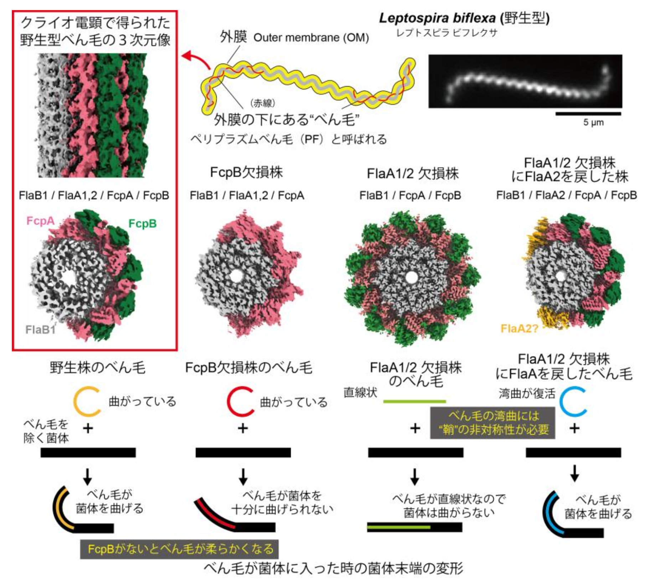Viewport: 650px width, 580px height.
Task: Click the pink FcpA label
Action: pos(40,221)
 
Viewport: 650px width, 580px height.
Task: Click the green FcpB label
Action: pos(142,224)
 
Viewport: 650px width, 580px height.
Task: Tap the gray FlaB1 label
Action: pos(40,330)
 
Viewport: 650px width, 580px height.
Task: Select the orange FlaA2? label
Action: pos(519,328)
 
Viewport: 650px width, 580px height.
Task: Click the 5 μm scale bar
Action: pos(588,114)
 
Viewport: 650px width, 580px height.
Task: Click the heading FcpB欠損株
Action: pos(246,172)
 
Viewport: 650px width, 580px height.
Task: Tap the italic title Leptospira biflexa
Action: pos(437,18)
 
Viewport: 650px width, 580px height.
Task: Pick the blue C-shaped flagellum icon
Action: pos(572,402)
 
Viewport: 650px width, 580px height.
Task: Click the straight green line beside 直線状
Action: pos(414,402)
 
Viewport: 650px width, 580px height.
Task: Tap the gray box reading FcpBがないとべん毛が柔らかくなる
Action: pos(179,549)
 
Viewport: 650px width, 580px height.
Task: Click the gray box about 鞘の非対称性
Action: pos(492,423)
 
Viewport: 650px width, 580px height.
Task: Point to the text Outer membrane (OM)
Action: pos(311,38)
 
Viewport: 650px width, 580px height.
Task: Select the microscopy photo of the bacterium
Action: pos(525,81)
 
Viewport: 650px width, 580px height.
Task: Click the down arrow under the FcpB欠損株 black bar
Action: pos(243,476)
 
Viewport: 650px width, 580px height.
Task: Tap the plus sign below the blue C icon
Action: pos(574,428)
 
